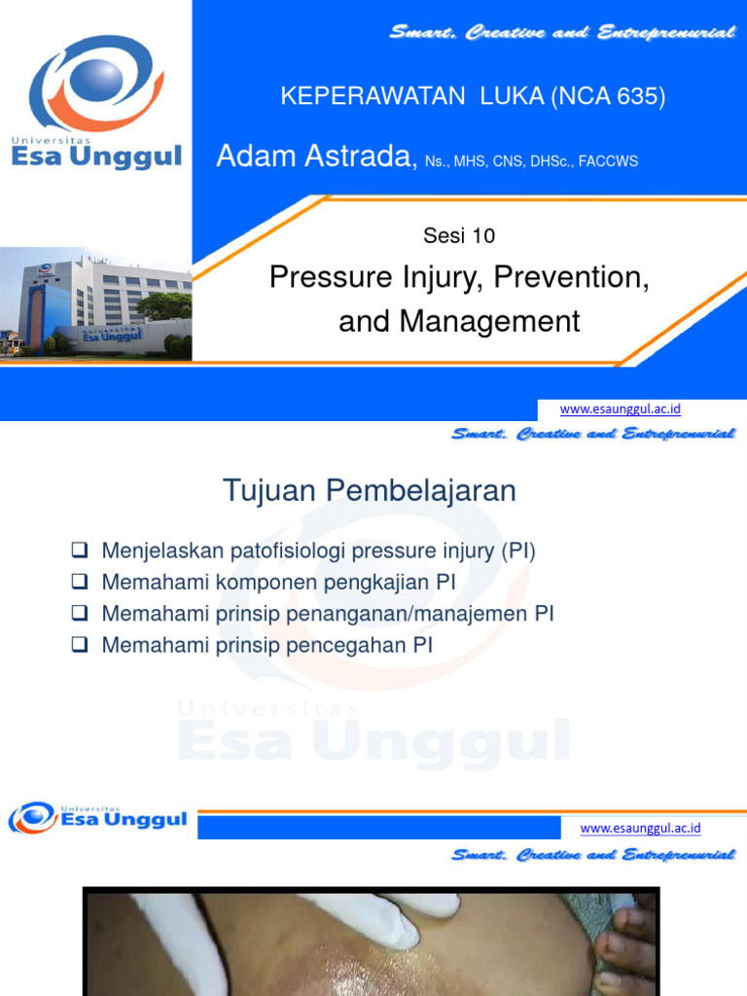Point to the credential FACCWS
point(608,161)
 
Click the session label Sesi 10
point(459,234)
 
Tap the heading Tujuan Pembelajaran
point(370,491)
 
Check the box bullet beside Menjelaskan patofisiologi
point(81,551)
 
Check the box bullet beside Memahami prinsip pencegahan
point(81,645)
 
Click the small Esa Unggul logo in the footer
point(97,818)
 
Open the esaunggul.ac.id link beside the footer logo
point(640,829)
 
